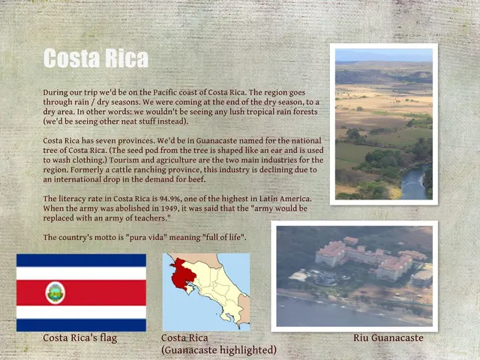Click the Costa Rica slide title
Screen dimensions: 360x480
pyautogui.click(x=95, y=58)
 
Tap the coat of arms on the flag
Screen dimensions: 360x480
pyautogui.click(x=55, y=292)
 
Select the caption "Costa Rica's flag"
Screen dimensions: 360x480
pyautogui.click(x=79, y=338)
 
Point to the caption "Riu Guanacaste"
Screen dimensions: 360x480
pyautogui.click(x=388, y=338)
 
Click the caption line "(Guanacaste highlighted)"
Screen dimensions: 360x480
pyautogui.click(x=219, y=350)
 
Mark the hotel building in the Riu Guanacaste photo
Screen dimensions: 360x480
pyautogui.click(x=367, y=259)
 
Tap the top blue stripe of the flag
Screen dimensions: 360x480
pyautogui.click(x=81, y=260)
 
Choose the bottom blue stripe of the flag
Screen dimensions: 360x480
pyautogui.click(x=81, y=325)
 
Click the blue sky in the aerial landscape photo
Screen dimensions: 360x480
pyautogui.click(x=383, y=55)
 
